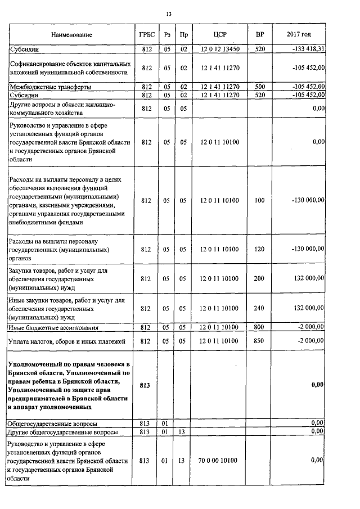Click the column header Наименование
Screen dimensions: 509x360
coord(71,35)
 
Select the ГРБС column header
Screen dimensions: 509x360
coord(147,35)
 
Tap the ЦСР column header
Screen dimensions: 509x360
coord(219,35)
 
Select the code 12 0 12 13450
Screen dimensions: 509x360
coord(219,49)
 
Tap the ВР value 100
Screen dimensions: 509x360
coord(259,200)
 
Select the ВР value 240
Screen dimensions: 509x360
coord(259,308)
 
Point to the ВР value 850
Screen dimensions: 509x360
coord(259,341)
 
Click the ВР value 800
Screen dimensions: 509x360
coord(259,327)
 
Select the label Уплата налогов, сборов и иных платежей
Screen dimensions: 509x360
coord(66,341)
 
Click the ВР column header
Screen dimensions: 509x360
coord(259,35)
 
